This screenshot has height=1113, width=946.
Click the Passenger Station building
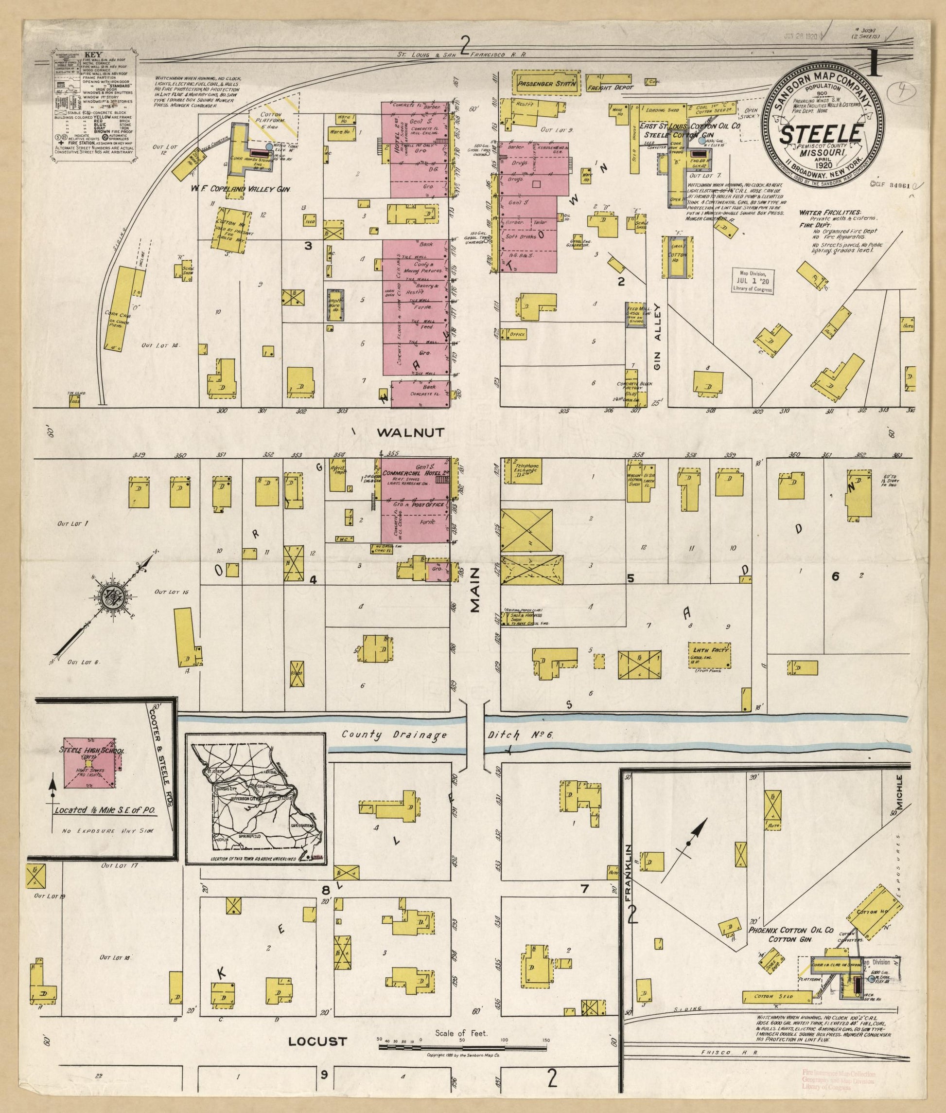click(546, 84)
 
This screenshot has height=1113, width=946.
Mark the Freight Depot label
click(610, 87)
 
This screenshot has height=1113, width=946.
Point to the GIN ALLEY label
click(658, 337)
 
